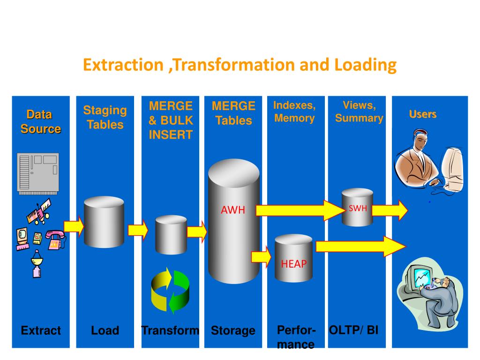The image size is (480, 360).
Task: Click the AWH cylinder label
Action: (x=233, y=210)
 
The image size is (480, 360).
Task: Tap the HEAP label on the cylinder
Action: (x=293, y=264)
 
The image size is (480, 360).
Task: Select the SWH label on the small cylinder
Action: (x=357, y=209)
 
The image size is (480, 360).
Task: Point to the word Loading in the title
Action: (x=365, y=65)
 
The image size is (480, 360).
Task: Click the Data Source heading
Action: (x=40, y=121)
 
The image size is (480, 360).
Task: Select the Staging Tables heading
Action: (x=105, y=117)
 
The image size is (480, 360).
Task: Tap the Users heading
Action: (x=422, y=114)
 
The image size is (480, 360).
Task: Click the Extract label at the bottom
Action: (x=41, y=330)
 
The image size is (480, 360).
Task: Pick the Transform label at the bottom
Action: (x=170, y=330)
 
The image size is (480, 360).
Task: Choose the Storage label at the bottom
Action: (x=233, y=330)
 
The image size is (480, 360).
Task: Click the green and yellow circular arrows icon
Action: (x=170, y=291)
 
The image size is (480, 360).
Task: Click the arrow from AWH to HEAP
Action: (x=262, y=256)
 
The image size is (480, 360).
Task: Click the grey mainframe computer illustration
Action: (x=38, y=173)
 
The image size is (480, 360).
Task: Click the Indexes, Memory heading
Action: (x=294, y=112)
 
